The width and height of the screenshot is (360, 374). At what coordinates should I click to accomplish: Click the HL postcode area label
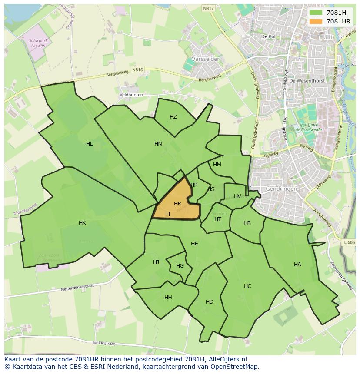pyautogui.click(x=89, y=144)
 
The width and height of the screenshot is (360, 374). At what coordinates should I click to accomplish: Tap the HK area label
pyautogui.click(x=82, y=223)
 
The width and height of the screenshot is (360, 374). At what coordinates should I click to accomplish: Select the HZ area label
pyautogui.click(x=173, y=117)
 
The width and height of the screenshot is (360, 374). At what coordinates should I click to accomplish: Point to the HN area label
pyautogui.click(x=158, y=144)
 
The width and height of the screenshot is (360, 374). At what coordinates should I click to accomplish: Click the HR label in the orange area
pyautogui.click(x=177, y=204)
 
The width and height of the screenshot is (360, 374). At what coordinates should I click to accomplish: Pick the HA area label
pyautogui.click(x=297, y=265)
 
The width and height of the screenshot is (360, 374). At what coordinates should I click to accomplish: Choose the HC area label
pyautogui.click(x=247, y=286)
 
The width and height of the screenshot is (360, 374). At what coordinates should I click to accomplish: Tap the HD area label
pyautogui.click(x=209, y=302)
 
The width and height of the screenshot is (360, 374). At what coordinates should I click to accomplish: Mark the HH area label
pyautogui.click(x=168, y=298)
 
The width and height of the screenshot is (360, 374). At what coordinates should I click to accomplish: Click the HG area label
pyautogui.click(x=180, y=266)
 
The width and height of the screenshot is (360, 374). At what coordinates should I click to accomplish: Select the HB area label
pyautogui.click(x=247, y=223)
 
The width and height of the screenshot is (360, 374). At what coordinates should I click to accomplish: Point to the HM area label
pyautogui.click(x=217, y=165)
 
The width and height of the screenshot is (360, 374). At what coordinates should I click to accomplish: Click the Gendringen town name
pyautogui.click(x=281, y=189)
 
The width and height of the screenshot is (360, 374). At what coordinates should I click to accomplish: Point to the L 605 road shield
pyautogui.click(x=349, y=242)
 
